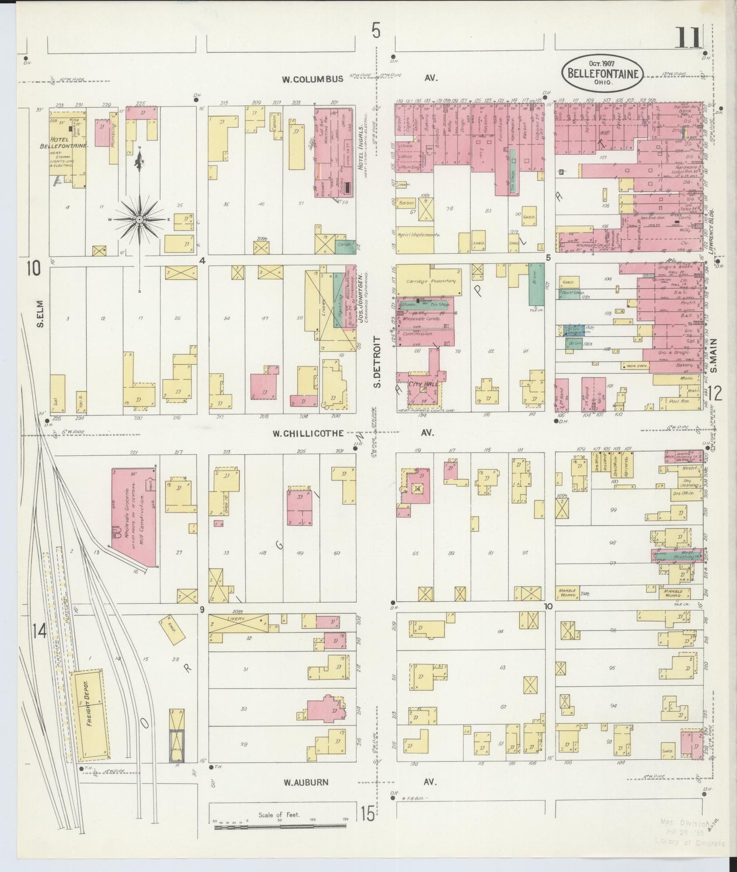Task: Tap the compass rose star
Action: (x=139, y=219)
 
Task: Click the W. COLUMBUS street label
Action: (x=313, y=79)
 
